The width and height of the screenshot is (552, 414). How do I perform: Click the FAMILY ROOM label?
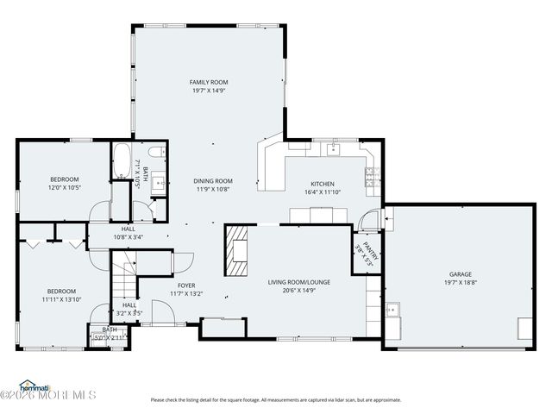pyautogui.click(x=209, y=82)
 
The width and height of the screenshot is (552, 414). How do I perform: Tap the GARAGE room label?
pyautogui.click(x=460, y=273)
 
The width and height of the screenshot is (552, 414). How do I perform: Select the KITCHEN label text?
pyautogui.click(x=323, y=185)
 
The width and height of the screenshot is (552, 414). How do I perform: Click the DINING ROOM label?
pyautogui.click(x=213, y=181)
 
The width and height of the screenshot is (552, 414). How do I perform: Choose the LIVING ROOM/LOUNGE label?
pyautogui.click(x=298, y=281)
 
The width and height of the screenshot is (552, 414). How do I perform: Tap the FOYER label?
pyautogui.click(x=186, y=285)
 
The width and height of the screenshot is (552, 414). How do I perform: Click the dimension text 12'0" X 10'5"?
pyautogui.click(x=64, y=187)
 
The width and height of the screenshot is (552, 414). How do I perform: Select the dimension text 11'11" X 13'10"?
pyautogui.click(x=62, y=299)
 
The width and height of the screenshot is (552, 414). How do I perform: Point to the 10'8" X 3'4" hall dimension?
pyautogui.click(x=129, y=237)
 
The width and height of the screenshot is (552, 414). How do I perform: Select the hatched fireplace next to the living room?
pyautogui.click(x=236, y=251)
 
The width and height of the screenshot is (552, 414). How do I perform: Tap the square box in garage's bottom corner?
pyautogui.click(x=524, y=327)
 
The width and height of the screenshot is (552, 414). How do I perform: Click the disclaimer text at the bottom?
pyautogui.click(x=276, y=399)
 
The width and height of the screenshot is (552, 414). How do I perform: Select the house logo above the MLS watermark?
pyautogui.click(x=34, y=385)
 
